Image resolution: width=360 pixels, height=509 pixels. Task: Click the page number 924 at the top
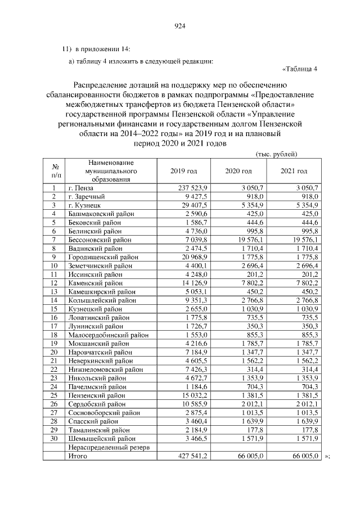(180, 26)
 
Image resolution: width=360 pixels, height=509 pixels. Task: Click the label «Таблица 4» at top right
(300, 69)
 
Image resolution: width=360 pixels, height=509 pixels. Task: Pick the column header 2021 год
(294, 171)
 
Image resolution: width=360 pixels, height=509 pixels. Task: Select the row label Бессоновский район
(100, 240)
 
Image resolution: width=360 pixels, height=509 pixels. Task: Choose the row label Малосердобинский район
(107, 335)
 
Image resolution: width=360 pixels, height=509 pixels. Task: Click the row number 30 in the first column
(55, 438)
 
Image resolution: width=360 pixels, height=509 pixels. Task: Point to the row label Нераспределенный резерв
(107, 447)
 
